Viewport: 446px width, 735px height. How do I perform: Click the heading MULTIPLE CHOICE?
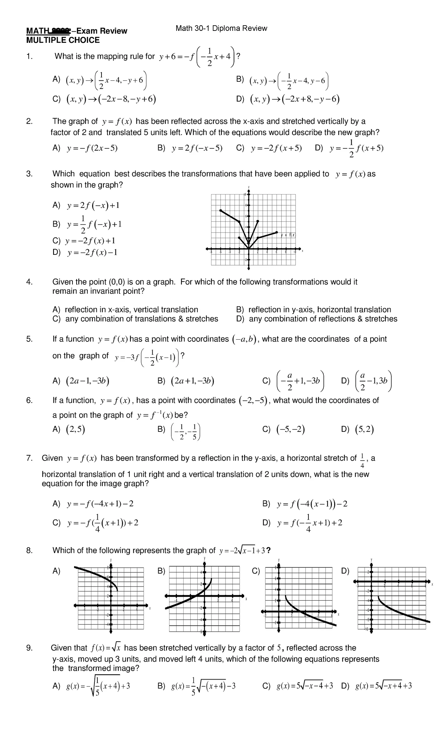pyautogui.click(x=63, y=40)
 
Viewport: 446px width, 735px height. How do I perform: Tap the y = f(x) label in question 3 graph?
pyautogui.click(x=288, y=235)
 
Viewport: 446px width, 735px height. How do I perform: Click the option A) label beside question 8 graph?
pyautogui.click(x=56, y=571)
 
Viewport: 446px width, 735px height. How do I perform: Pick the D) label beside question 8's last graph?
pyautogui.click(x=345, y=571)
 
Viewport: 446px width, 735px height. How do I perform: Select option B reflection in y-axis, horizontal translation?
pyautogui.click(x=319, y=309)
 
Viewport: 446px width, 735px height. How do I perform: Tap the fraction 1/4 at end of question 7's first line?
pyautogui.click(x=362, y=462)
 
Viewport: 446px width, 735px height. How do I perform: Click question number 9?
pyautogui.click(x=30, y=648)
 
